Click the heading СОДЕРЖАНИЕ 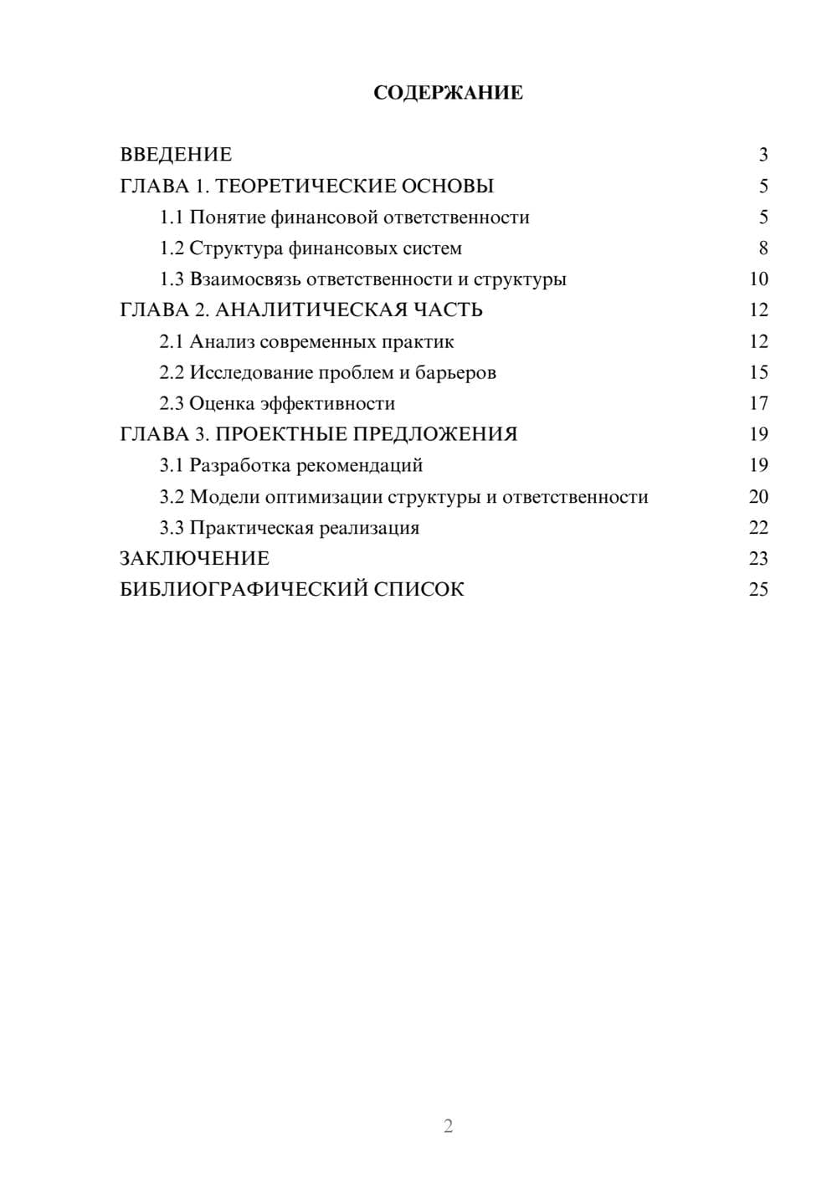448,93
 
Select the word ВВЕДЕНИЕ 176,155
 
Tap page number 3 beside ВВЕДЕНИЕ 763,155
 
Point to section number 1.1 172,218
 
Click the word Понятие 227,218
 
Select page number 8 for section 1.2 763,248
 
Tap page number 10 758,279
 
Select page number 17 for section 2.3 758,403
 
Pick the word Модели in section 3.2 224,497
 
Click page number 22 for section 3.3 758,528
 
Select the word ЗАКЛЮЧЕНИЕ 195,559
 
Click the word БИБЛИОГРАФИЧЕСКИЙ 244,590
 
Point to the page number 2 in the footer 448,1126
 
